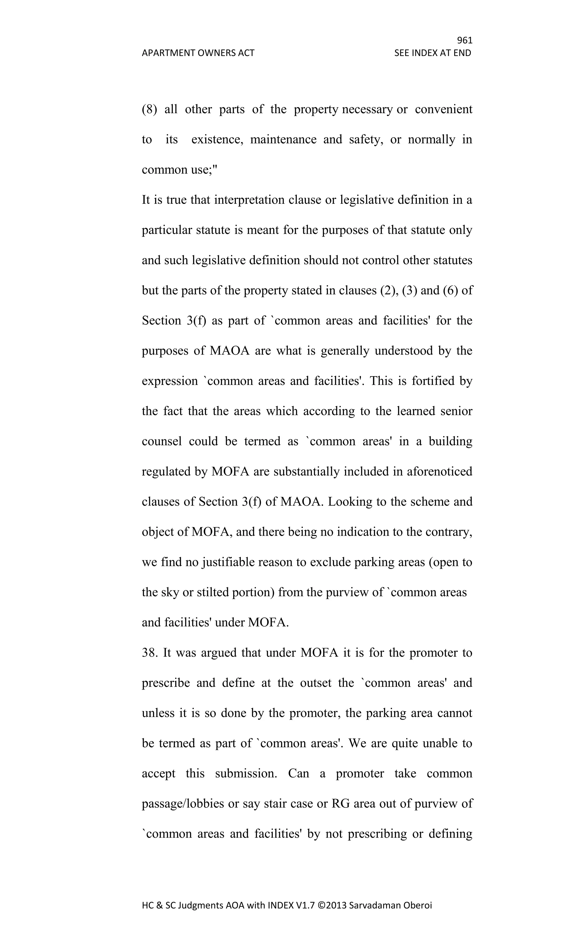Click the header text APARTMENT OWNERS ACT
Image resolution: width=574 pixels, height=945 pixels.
pyautogui.click(x=198, y=53)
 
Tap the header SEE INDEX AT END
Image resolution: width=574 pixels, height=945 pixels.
pyautogui.click(x=432, y=53)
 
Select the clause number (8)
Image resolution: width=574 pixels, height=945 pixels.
pyautogui.click(x=150, y=109)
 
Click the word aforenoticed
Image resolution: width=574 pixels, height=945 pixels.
pyautogui.click(x=439, y=471)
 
